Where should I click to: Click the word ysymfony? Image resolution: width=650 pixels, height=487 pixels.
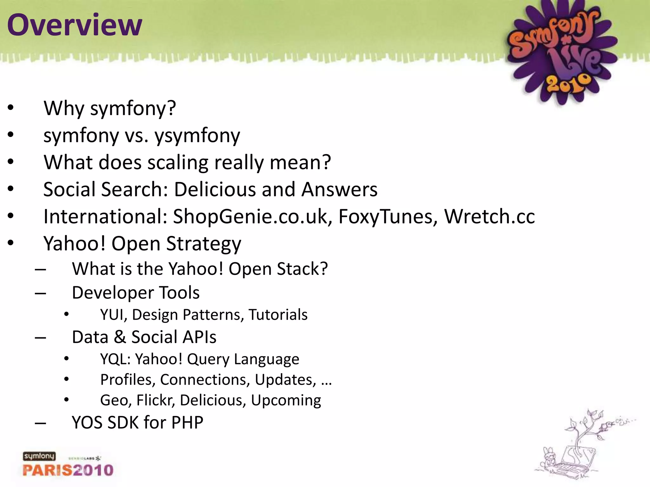197,136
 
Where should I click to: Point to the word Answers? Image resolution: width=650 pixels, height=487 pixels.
339,189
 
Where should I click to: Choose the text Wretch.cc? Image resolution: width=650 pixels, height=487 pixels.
489,217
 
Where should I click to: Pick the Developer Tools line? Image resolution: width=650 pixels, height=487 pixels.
136,292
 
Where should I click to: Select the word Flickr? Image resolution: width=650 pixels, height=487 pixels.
156,400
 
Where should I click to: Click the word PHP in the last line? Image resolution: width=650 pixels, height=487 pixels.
187,422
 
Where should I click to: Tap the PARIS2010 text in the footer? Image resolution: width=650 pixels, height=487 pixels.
68,470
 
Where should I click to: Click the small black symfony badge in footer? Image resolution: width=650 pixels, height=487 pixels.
39,456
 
